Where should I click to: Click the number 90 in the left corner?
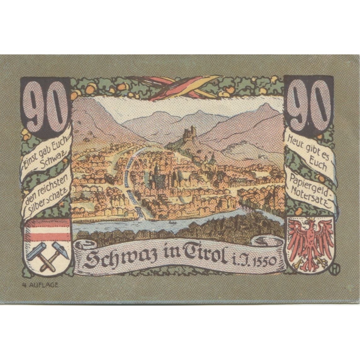click(45, 107)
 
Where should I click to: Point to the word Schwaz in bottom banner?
click(105, 260)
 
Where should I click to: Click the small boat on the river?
click(171, 222)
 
